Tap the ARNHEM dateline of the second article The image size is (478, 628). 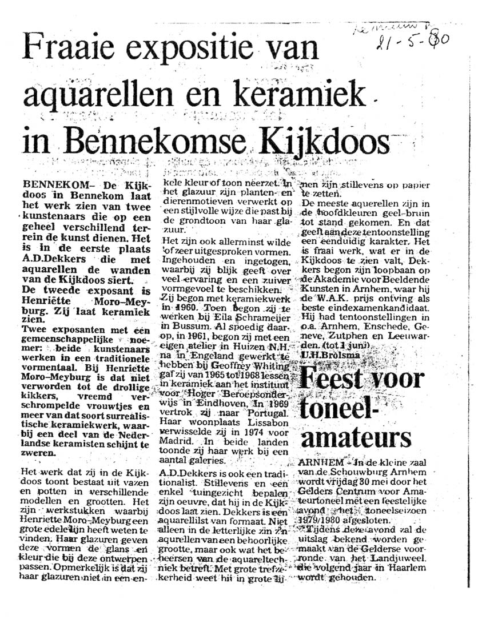click(x=319, y=461)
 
